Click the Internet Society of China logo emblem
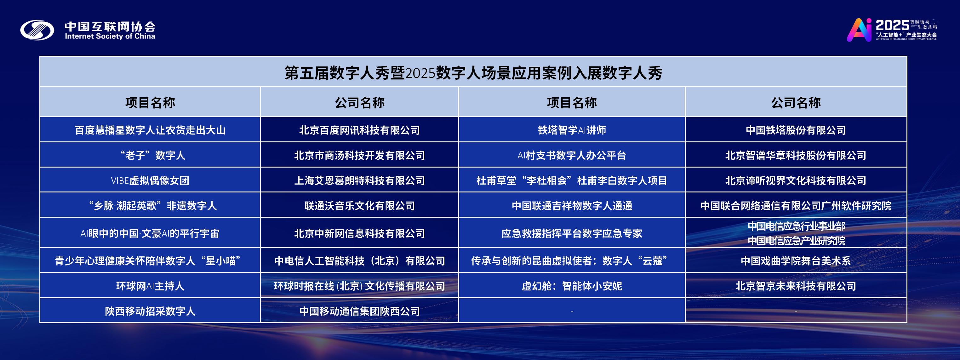[37, 30]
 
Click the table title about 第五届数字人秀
[473, 73]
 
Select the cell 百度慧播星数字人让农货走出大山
[150, 130]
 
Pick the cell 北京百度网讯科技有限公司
[360, 130]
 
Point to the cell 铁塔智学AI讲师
[572, 130]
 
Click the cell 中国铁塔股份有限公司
[796, 130]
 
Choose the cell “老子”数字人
[150, 155]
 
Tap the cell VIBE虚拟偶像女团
[150, 180]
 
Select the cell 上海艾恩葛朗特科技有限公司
[360, 180]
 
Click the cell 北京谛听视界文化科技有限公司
[796, 180]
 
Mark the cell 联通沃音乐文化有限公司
[360, 206]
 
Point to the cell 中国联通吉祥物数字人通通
[572, 206]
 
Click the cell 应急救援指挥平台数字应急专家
[572, 233]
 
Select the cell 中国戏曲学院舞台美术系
[796, 261]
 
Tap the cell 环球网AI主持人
[150, 286]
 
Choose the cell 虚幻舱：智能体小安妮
[572, 286]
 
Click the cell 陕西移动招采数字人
[150, 311]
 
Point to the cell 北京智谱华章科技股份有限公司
[796, 155]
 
